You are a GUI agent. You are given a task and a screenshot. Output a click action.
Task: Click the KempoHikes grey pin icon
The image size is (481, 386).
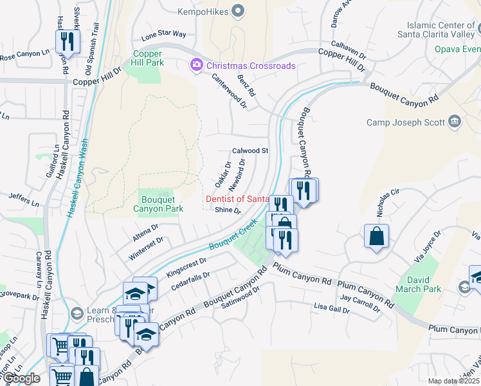[x=239, y=10]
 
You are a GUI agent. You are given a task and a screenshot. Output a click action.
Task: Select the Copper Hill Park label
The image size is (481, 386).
[x=149, y=58]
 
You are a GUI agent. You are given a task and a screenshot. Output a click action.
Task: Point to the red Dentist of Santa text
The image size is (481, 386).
[x=237, y=199]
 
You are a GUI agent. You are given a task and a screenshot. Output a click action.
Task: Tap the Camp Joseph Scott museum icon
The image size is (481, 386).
[x=455, y=122]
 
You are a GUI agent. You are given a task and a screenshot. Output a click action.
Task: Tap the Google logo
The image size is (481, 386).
[x=21, y=378]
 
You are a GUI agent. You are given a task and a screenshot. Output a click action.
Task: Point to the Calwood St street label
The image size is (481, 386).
[x=250, y=151]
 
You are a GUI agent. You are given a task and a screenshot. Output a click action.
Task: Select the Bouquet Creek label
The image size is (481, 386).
[x=228, y=238]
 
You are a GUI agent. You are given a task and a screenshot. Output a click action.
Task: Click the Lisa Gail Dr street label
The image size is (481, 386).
[x=332, y=309]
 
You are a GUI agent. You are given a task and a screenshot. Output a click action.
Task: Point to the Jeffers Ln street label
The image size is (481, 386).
[x=24, y=200]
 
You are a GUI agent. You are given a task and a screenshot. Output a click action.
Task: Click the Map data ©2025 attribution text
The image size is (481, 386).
[x=454, y=381]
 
